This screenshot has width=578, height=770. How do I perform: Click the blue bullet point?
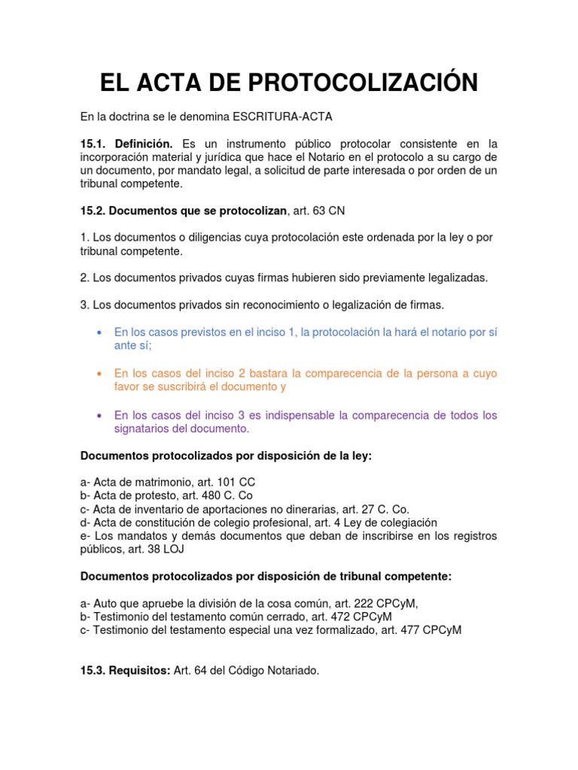pos(100,332)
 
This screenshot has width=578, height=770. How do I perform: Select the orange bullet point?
pos(100,374)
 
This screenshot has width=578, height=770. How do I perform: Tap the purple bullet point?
pos(100,416)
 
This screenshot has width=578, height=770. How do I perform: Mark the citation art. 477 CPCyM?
pos(421,630)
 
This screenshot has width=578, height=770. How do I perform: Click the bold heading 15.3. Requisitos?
pos(125,671)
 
